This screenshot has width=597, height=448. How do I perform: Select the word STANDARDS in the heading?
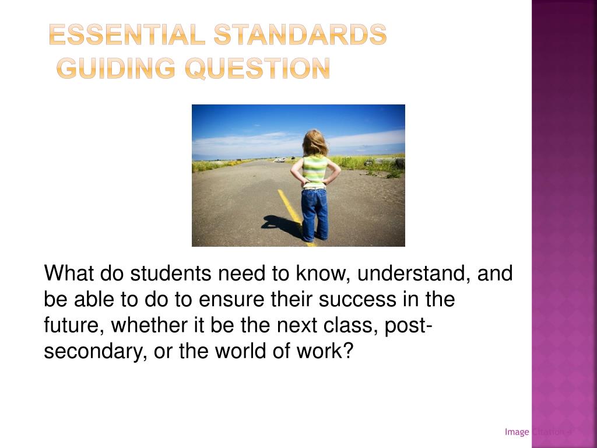pos(299,36)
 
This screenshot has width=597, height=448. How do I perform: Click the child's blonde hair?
pos(315,142)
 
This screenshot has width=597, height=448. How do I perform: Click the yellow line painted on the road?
pos(290,207)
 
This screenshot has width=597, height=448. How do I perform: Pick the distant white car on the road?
pos(280,159)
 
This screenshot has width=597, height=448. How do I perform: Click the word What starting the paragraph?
pos(69,273)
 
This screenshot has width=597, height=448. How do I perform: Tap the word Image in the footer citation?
pos(517,432)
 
